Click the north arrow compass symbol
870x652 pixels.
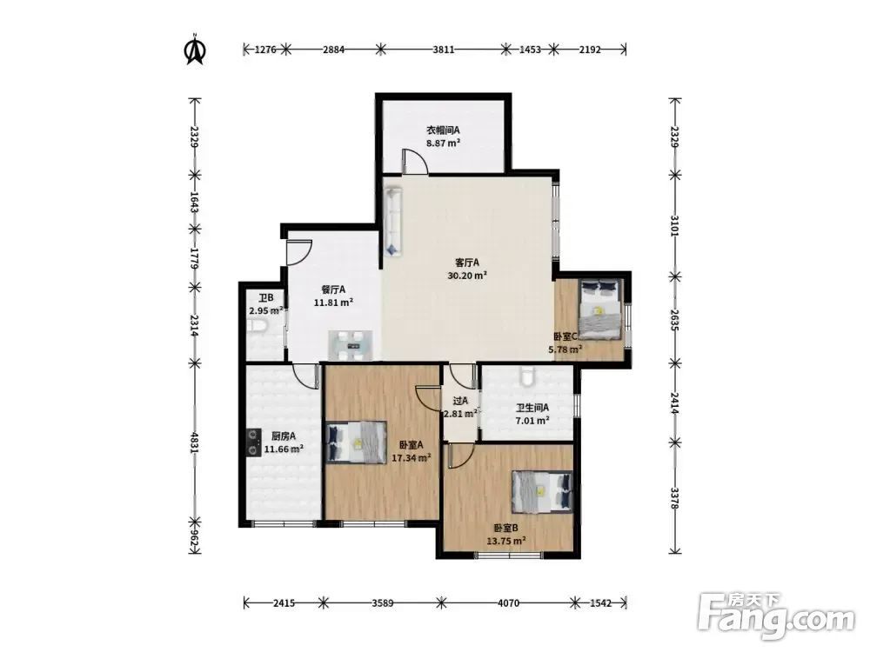195,50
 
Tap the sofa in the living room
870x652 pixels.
393,222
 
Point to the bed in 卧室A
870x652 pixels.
356,442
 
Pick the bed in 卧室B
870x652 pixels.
541,492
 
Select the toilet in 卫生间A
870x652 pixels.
528,376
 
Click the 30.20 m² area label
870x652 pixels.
467,275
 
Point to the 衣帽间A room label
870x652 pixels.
443,130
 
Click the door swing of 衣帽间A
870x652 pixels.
414,161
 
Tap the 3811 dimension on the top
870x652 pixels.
444,50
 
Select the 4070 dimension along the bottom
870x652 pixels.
508,602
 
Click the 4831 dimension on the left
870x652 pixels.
194,442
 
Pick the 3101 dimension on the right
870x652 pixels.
674,226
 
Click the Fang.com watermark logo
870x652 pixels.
776,616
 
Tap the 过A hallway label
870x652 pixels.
460,400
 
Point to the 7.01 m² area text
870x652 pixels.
532,420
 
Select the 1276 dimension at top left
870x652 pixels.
265,50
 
